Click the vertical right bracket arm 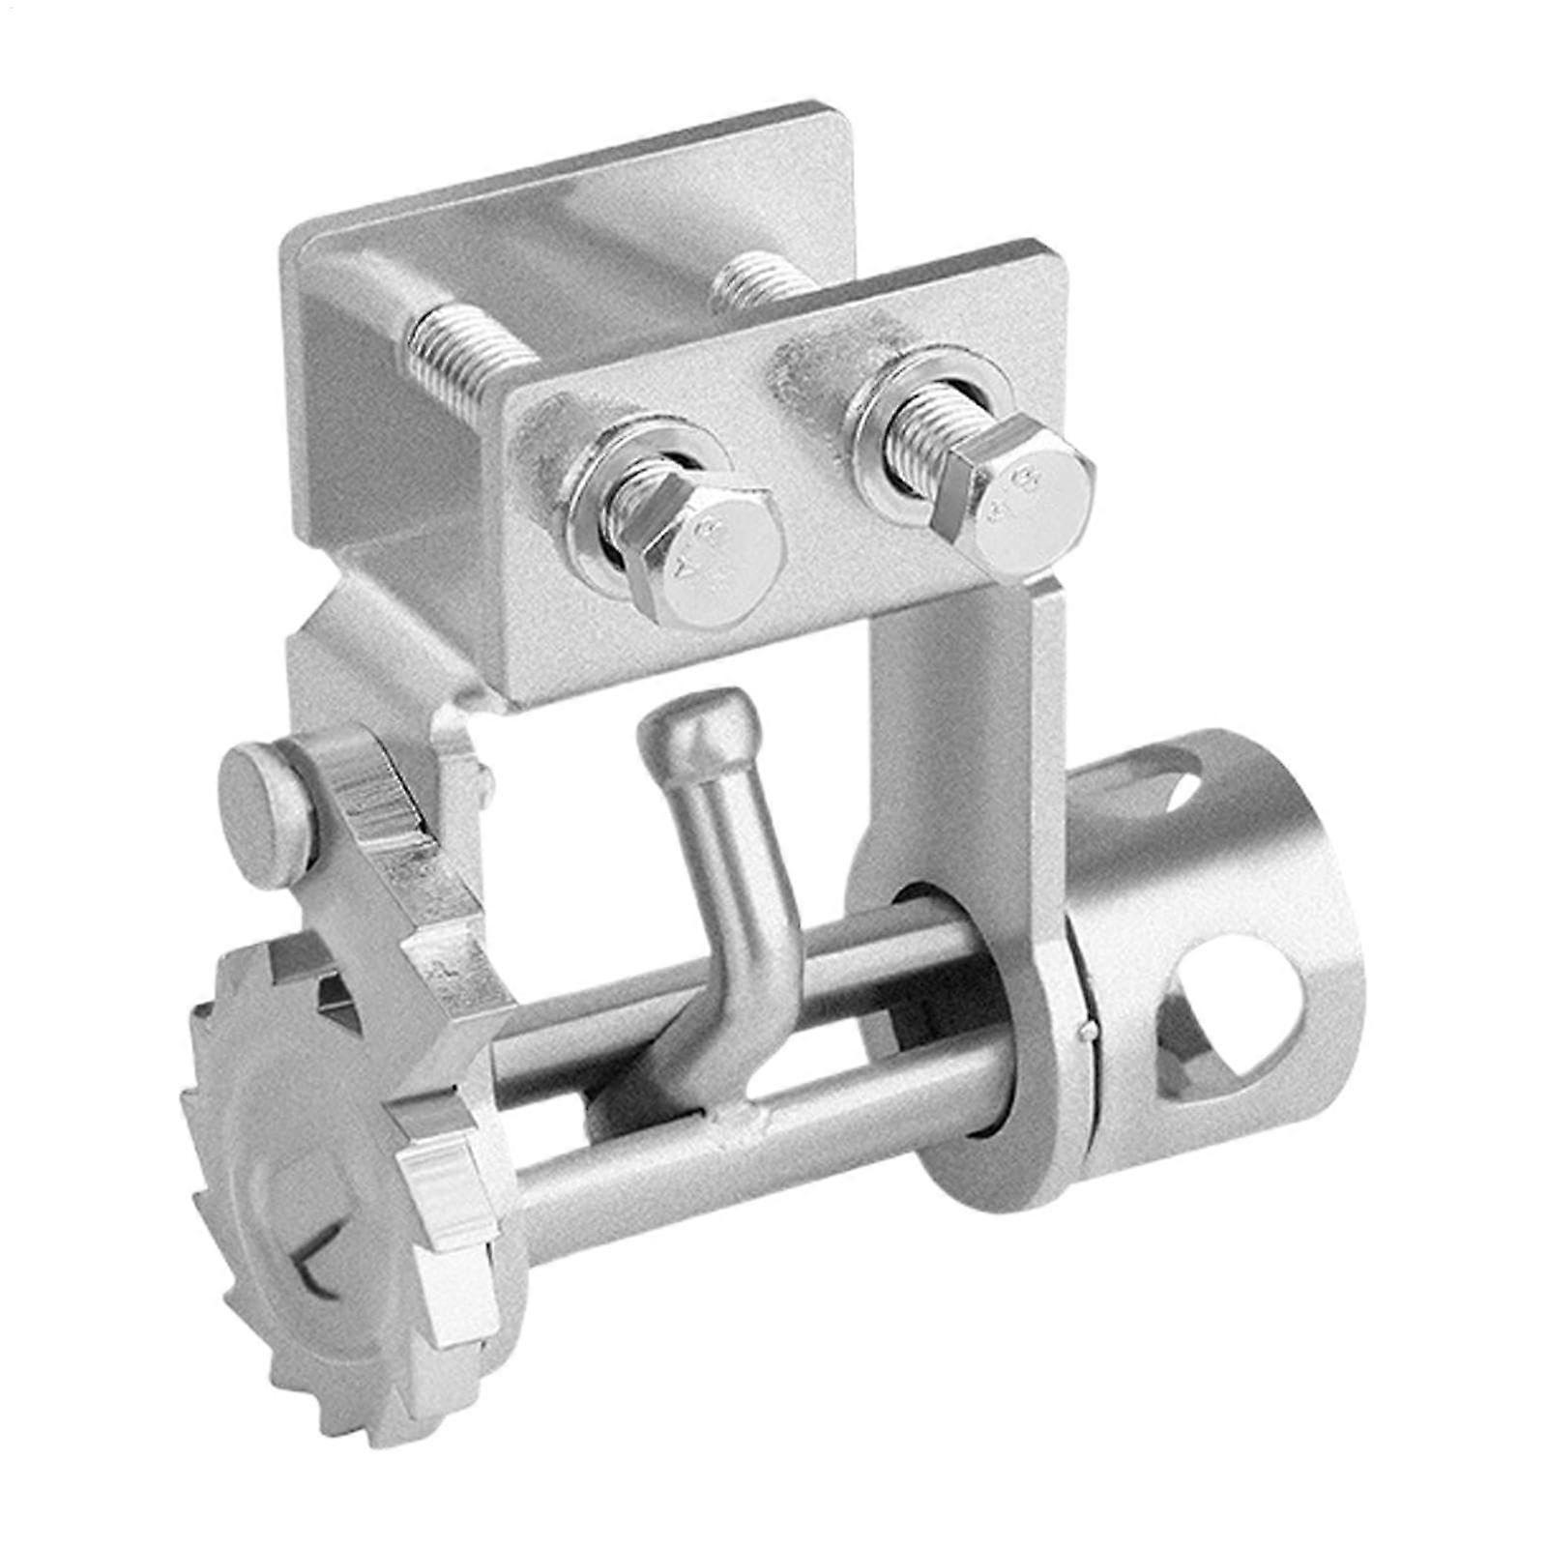(x=957, y=735)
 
